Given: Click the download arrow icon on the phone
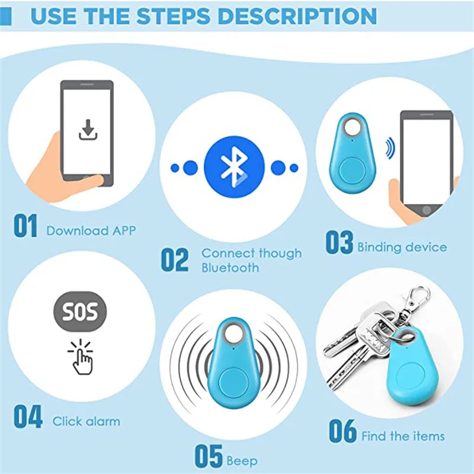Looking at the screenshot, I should [88, 130].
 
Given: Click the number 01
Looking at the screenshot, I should [26, 228].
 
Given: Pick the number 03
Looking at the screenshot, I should [339, 243].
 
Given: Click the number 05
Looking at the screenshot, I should [209, 457].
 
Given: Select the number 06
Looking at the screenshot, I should [343, 431].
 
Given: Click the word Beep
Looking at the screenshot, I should [242, 460].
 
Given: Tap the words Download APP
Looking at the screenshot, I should [91, 230].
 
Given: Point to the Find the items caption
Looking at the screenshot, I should [402, 437].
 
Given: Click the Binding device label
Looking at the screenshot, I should [402, 247].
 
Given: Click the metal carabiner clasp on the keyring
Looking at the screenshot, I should [418, 302].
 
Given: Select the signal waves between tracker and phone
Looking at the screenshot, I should [389, 148].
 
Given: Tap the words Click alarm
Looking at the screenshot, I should [86, 422].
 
